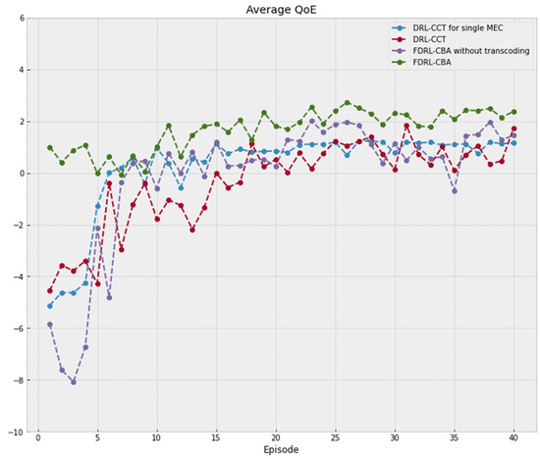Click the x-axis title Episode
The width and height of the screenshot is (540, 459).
tap(283, 450)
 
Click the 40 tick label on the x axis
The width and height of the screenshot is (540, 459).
tap(513, 439)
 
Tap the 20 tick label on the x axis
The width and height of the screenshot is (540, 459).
tap(276, 439)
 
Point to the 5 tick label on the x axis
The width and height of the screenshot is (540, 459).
tap(97, 439)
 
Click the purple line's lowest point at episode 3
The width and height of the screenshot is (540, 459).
tap(74, 382)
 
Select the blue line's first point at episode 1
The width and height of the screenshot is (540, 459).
tap(50, 305)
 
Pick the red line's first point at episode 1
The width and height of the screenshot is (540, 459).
tap(50, 290)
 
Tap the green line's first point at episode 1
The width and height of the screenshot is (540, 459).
tap(50, 148)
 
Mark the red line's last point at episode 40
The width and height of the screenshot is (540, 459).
tap(513, 128)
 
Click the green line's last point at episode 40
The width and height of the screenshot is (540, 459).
tap(513, 112)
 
